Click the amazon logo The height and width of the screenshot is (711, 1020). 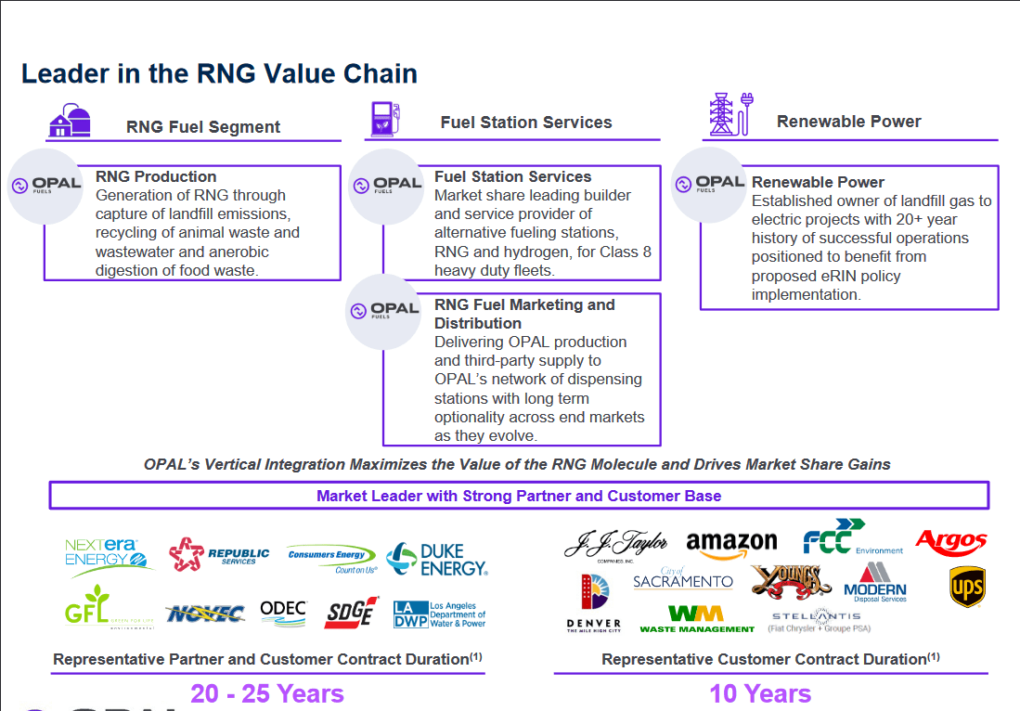pyautogui.click(x=731, y=544)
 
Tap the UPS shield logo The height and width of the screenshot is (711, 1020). pyautogui.click(x=966, y=587)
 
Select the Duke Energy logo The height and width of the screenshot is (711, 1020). pyautogui.click(x=436, y=559)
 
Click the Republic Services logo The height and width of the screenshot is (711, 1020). pyautogui.click(x=219, y=555)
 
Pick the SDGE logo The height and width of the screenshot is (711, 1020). pyautogui.click(x=352, y=612)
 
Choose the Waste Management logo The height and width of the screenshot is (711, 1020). pyautogui.click(x=697, y=619)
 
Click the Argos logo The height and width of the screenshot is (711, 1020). pyautogui.click(x=950, y=540)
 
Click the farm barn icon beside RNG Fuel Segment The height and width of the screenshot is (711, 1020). pyautogui.click(x=70, y=121)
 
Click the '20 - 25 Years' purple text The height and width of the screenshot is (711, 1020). pyautogui.click(x=267, y=693)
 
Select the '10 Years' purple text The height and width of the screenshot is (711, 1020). pyautogui.click(x=760, y=693)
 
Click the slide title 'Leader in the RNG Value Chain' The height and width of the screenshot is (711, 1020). pyautogui.click(x=219, y=73)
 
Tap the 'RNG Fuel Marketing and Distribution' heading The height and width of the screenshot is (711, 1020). pyautogui.click(x=524, y=314)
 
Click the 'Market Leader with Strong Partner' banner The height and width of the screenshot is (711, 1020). pyautogui.click(x=519, y=496)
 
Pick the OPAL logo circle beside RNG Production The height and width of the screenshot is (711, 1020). pyautogui.click(x=45, y=186)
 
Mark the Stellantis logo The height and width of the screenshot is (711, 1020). pyautogui.click(x=816, y=620)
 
